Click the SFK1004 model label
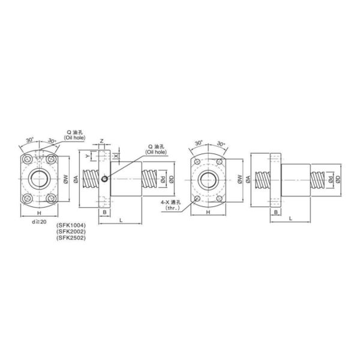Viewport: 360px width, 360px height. tap(71, 224)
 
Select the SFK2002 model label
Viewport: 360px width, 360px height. tap(71, 231)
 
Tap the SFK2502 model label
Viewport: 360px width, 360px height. tap(71, 238)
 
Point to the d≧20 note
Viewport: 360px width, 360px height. tap(39, 222)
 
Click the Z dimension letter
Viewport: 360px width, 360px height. tap(102, 141)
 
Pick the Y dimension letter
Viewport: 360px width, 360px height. tap(87, 156)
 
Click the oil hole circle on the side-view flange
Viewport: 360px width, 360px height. tap(104, 179)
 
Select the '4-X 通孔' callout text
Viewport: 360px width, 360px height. tap(170, 202)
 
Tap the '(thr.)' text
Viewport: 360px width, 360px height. tap(172, 208)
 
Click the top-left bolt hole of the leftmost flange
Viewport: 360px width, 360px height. tap(28, 159)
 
